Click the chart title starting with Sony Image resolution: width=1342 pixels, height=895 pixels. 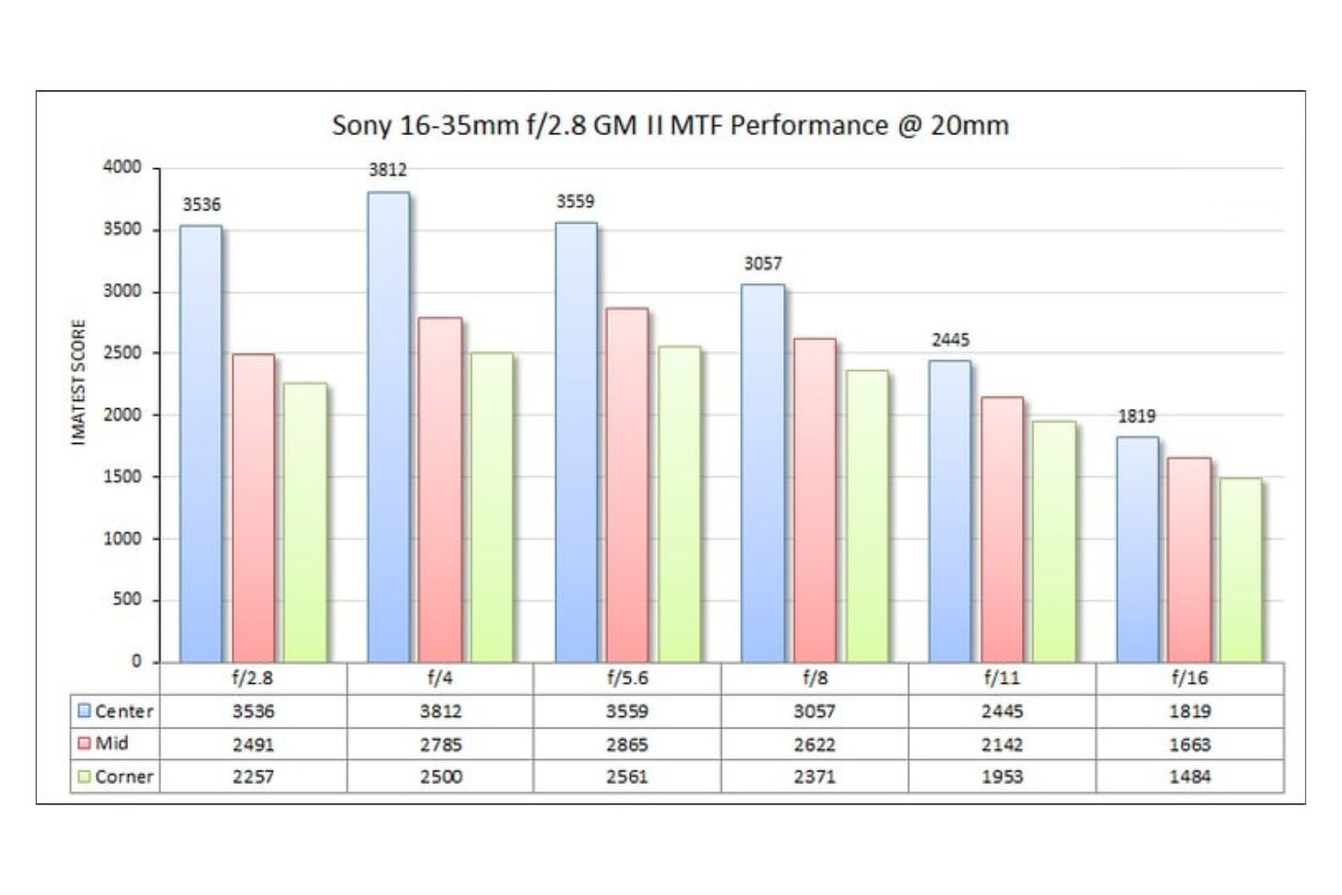(670, 124)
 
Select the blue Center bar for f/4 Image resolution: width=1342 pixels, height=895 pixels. (388, 427)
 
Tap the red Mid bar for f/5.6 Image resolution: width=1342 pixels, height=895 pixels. (627, 485)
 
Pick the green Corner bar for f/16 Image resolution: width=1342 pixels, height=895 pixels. (1241, 570)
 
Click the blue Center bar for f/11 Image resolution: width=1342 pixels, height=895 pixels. (949, 511)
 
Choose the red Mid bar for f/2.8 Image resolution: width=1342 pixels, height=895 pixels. (253, 507)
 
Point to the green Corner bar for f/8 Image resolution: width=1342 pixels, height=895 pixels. (866, 516)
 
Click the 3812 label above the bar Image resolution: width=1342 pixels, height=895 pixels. (387, 170)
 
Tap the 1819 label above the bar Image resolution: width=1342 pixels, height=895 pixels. (1136, 416)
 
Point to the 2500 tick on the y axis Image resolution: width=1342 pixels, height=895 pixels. (123, 353)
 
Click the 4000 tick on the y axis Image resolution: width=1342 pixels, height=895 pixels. (123, 167)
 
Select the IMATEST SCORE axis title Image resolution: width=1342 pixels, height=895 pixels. (79, 382)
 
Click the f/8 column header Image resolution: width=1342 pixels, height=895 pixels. (814, 678)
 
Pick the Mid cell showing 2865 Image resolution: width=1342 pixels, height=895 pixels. (626, 745)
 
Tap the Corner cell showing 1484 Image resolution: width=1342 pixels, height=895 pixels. (1189, 777)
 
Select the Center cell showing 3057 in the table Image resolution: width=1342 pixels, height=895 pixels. (814, 712)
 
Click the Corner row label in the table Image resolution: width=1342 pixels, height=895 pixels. (123, 777)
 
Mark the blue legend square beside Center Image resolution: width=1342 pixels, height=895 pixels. (84, 712)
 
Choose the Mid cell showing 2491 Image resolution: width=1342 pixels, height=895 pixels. (253, 745)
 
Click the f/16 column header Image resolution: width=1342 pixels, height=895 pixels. (1189, 678)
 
